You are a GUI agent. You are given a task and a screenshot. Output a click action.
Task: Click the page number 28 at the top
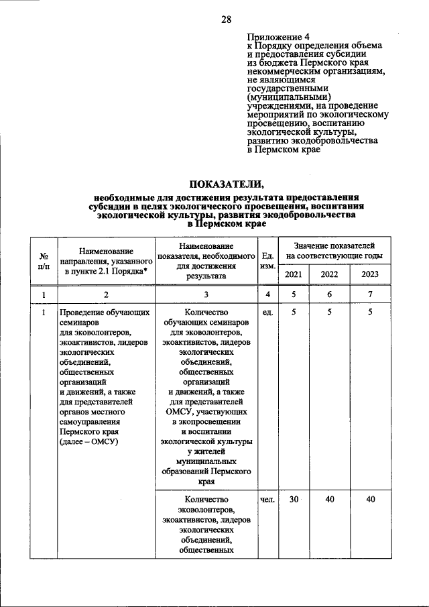(227, 19)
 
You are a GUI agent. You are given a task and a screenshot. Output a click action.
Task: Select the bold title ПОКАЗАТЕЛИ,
(226, 184)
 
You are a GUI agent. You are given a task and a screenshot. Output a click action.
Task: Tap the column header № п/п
(44, 261)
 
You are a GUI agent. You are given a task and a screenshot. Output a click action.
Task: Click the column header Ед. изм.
(267, 261)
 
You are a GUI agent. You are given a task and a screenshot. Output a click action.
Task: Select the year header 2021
(294, 274)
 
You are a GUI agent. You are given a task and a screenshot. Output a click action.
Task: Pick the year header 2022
(329, 274)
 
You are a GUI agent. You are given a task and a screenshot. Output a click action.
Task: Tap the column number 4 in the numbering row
(267, 294)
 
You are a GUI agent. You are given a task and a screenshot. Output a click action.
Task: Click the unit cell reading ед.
(267, 313)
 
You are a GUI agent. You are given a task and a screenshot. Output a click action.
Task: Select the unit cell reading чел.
(267, 500)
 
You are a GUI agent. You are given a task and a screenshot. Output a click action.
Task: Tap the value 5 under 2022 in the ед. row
(329, 313)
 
